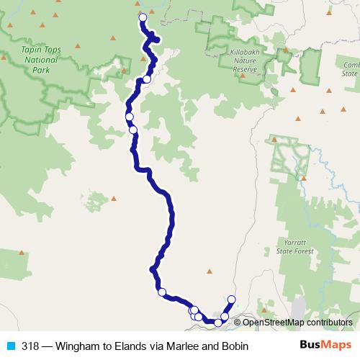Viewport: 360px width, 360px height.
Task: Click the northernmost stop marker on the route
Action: tap(143, 17)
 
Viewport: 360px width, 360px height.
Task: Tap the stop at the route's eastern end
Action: tap(231, 300)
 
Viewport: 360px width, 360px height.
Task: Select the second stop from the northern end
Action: tap(147, 79)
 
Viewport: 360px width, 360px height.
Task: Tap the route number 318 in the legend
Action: tap(30, 346)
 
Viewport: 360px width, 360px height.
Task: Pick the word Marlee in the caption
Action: tap(181, 346)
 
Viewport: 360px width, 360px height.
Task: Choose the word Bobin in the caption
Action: tap(233, 346)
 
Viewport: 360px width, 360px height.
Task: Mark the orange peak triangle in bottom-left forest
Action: tap(22, 252)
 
